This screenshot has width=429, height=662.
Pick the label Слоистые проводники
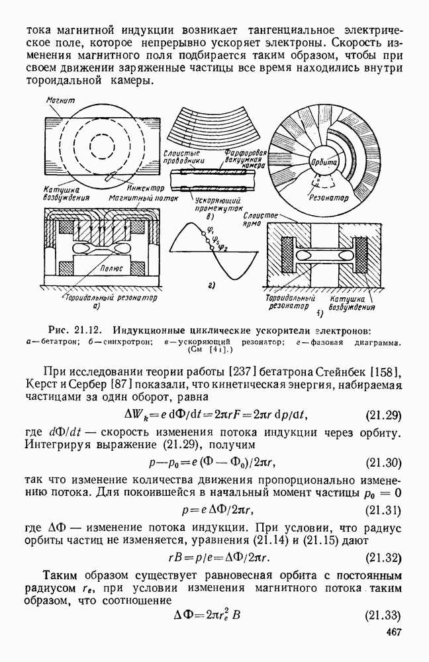point(181,156)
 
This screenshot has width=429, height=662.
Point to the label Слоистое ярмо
point(263,220)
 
